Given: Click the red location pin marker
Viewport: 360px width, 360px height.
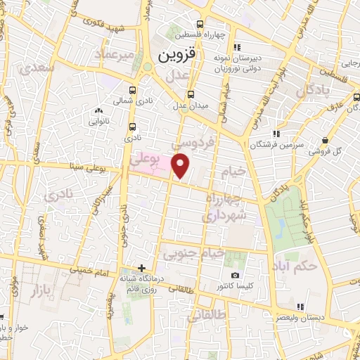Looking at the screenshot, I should point(181,167).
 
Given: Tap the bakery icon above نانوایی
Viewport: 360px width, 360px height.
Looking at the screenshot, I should point(98,110).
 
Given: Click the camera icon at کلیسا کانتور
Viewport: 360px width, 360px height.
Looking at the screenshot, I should point(235,275).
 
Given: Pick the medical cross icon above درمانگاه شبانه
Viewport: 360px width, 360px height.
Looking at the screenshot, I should point(143,268).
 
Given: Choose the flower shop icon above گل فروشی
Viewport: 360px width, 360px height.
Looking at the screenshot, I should point(324,140).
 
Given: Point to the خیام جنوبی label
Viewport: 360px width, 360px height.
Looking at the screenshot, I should point(193,251).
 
